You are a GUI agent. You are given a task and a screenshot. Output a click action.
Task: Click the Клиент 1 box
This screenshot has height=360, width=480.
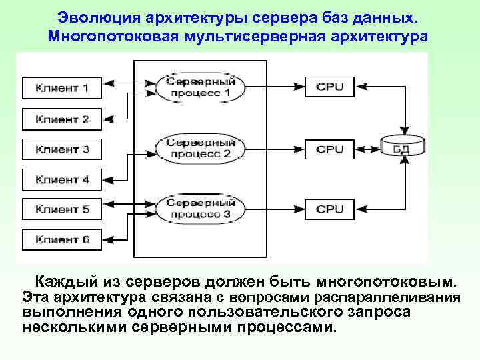[62, 88]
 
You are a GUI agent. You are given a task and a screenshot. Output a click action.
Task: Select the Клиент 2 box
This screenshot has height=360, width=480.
[62, 119]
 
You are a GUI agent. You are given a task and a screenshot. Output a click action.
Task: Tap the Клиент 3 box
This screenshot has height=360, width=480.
[62, 149]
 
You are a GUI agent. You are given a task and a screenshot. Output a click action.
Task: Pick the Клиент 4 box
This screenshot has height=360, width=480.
[62, 179]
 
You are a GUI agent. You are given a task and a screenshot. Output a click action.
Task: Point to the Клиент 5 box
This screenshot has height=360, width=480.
[62, 209]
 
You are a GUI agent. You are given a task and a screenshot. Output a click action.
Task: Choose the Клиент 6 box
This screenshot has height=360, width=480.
[62, 239]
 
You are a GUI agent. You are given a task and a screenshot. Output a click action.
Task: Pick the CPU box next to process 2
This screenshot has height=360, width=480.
[329, 149]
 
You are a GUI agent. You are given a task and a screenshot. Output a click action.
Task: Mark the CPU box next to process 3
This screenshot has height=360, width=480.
[329, 209]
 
